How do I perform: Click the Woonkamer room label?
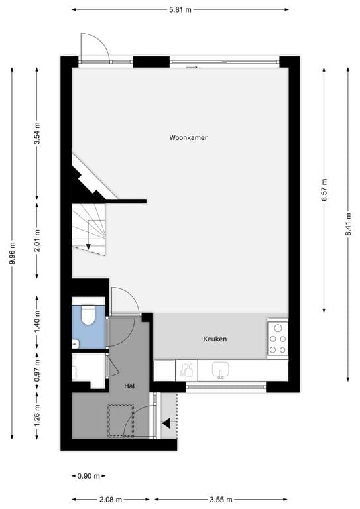click(188, 138)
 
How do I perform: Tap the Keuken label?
click(215, 339)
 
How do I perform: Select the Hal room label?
click(130, 385)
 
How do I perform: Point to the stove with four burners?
click(278, 339)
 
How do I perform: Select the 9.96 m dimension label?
click(12, 252)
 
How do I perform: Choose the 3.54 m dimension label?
click(37, 133)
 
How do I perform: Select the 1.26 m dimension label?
click(37, 415)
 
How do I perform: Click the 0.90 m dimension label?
click(88, 475)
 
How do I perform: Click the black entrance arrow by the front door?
click(167, 423)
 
